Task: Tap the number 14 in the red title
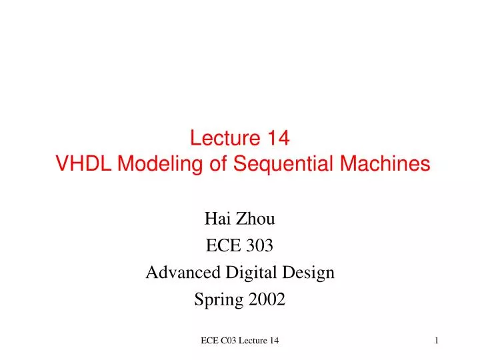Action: (279, 138)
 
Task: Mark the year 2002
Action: (267, 300)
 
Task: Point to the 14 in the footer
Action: (275, 341)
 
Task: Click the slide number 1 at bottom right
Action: (437, 341)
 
